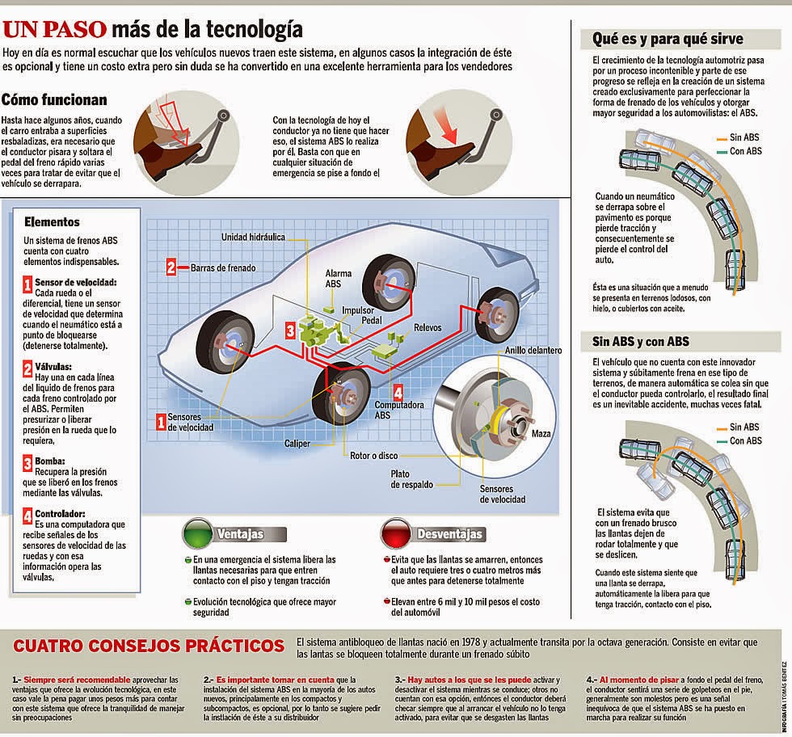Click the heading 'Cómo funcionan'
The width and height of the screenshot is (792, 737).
pyautogui.click(x=54, y=100)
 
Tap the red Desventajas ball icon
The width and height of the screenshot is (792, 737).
pyautogui.click(x=395, y=535)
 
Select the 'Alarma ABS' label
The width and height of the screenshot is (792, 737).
pyautogui.click(x=339, y=279)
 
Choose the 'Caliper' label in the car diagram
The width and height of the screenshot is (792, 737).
pyautogui.click(x=298, y=444)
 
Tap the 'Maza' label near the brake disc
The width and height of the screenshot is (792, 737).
pyautogui.click(x=541, y=434)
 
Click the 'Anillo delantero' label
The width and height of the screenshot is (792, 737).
pyautogui.click(x=533, y=350)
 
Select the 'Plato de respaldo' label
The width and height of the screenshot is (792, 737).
pyautogui.click(x=410, y=479)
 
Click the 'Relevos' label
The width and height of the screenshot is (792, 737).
pyautogui.click(x=428, y=329)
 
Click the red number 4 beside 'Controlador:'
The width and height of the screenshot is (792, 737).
pyautogui.click(x=28, y=514)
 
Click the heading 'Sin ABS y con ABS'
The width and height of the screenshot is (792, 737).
pyautogui.click(x=640, y=340)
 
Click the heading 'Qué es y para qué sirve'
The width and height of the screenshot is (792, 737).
pyautogui.click(x=668, y=39)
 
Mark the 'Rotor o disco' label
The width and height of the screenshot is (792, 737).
pyautogui.click(x=374, y=455)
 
